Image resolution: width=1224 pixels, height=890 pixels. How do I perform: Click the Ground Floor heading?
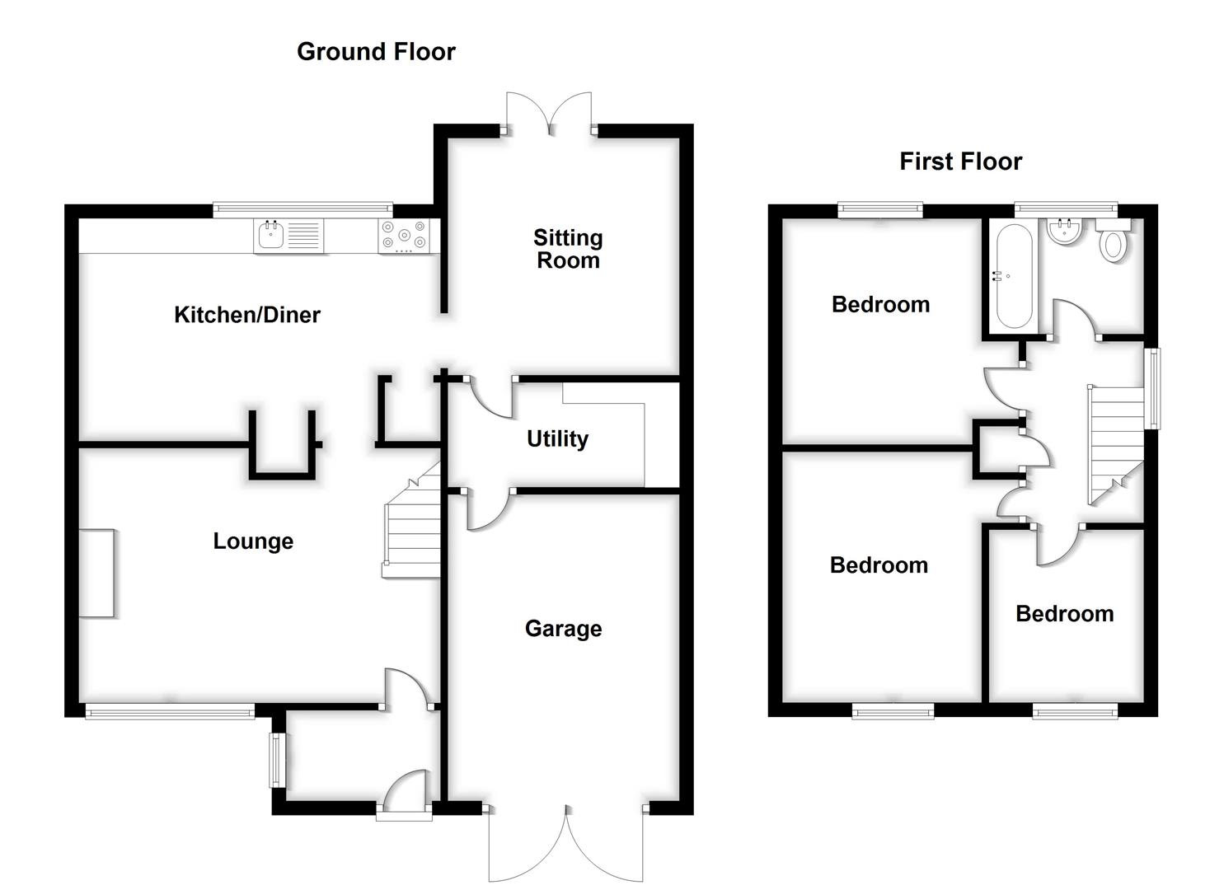point(376,52)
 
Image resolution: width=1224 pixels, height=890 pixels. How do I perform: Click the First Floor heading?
point(960,162)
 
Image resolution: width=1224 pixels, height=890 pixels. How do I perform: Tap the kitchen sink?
point(271,236)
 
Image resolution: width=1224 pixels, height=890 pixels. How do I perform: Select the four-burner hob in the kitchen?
point(404,235)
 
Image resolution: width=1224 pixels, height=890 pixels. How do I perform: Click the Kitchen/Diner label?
point(246,315)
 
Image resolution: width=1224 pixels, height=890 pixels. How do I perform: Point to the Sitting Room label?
point(568,249)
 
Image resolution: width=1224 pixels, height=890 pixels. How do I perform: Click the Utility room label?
point(557,438)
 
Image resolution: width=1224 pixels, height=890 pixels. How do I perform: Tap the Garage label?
point(563,629)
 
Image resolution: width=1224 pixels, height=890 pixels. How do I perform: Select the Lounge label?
point(253,541)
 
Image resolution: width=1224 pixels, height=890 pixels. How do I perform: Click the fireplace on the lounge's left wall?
point(96,573)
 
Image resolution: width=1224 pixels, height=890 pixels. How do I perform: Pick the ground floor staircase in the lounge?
point(413,527)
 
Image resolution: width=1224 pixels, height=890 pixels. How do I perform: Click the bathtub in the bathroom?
point(1013,276)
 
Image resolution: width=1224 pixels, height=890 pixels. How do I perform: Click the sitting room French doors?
point(549,112)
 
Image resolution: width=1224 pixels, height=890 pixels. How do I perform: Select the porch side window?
point(277,759)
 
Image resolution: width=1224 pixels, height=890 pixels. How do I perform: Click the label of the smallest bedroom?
point(1064,614)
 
